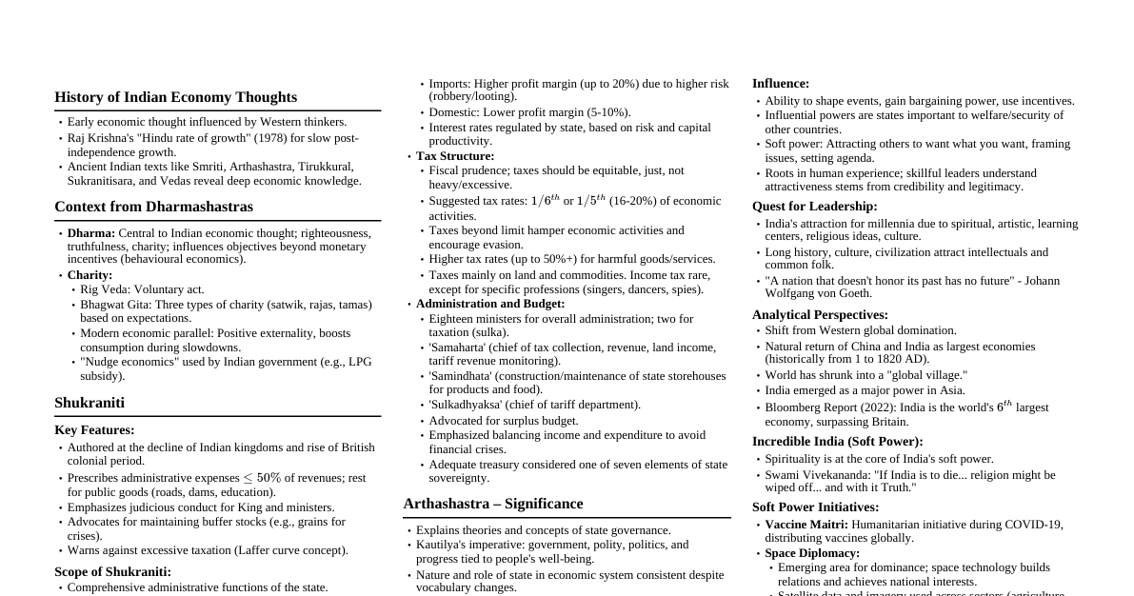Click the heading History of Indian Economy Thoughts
pyautogui.click(x=175, y=97)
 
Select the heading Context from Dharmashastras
pyautogui.click(x=153, y=207)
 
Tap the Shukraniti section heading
pyautogui.click(x=90, y=403)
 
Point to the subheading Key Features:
pyautogui.click(x=94, y=430)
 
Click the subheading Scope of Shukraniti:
pyautogui.click(x=112, y=572)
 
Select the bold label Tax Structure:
pyautogui.click(x=455, y=156)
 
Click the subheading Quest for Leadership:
pyautogui.click(x=814, y=207)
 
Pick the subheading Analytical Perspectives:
pyautogui.click(x=820, y=315)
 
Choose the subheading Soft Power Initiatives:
pyautogui.click(x=815, y=507)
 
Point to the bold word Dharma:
pyautogui.click(x=91, y=233)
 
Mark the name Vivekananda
pyautogui.click(x=844, y=475)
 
